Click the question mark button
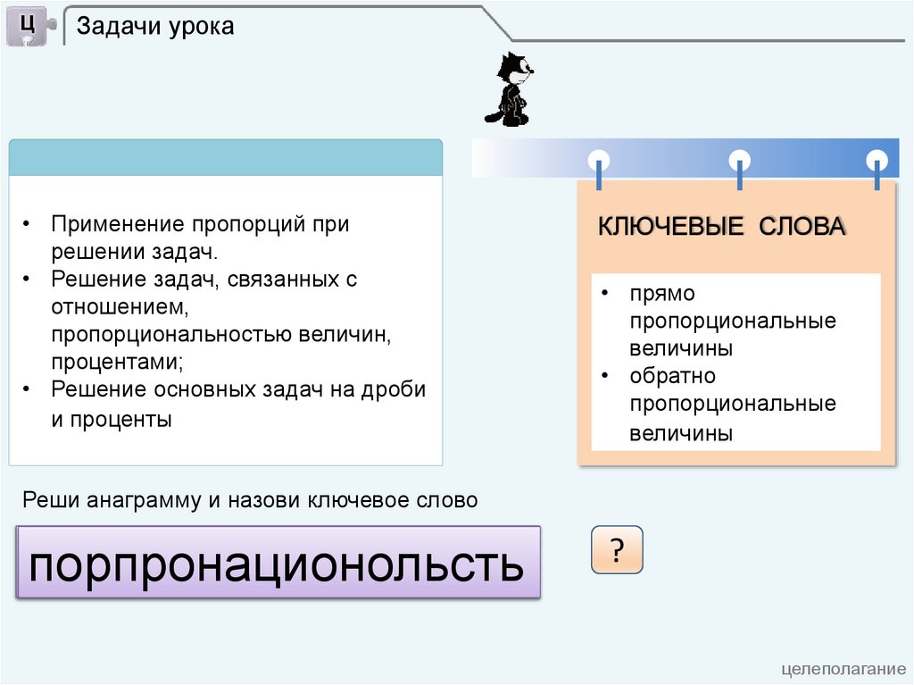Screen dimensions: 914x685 pos(617,549)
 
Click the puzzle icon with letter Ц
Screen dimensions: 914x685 pos(29,26)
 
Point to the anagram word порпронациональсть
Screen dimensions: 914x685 pos(276,564)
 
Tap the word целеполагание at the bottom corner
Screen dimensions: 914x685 pos(843,669)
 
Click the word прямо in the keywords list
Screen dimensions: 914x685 pos(662,294)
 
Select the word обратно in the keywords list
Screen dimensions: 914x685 pos(672,376)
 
